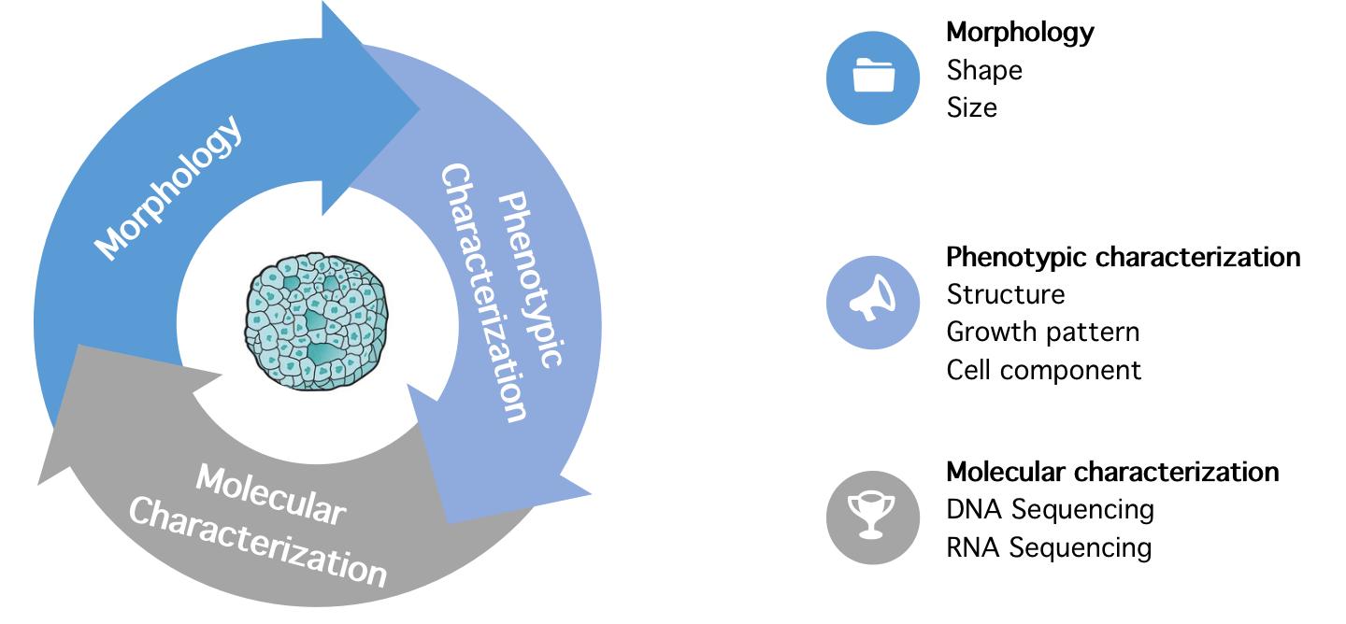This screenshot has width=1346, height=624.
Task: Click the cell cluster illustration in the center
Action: coord(317,320)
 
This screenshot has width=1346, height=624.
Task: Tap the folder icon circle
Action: coord(873,78)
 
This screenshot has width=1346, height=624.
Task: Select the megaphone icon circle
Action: coord(873,302)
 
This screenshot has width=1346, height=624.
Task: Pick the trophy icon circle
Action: coord(873,517)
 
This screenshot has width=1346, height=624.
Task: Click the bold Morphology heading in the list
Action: coord(1020,32)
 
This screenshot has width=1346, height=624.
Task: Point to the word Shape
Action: coord(984,70)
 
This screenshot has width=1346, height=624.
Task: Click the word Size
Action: coord(972,107)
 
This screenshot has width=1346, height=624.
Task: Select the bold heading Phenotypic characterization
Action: coord(1124,257)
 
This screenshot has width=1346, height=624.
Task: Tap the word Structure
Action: coord(1006,294)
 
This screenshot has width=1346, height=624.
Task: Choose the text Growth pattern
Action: coord(1043,332)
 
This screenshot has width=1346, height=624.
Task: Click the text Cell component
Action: coord(1044,370)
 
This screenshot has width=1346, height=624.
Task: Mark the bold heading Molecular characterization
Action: coord(1112,472)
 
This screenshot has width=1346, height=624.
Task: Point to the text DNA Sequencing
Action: coord(1051,509)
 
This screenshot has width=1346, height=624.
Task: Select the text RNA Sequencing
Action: coord(1050,546)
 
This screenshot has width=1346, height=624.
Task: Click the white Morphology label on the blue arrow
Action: coord(169,186)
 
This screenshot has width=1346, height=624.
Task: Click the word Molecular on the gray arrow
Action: coord(270,494)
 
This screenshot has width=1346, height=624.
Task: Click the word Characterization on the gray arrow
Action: coord(258,541)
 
